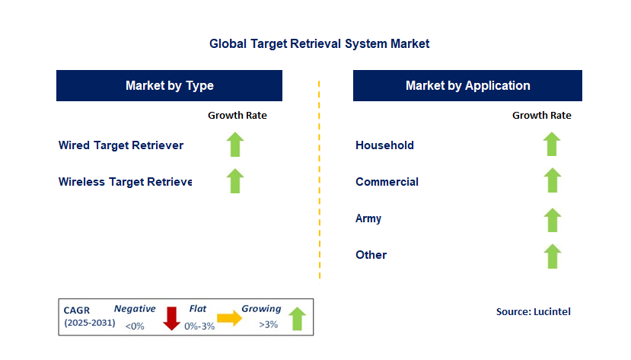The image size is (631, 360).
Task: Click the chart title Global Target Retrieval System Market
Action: tap(319, 44)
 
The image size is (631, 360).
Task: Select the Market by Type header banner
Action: tap(169, 85)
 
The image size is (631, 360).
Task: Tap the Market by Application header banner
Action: tap(467, 85)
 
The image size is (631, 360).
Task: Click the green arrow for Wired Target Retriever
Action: tap(235, 145)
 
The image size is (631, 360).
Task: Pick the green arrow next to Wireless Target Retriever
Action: tap(235, 181)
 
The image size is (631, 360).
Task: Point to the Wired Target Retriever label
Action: tap(121, 145)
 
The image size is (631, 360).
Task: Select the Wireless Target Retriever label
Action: tap(125, 182)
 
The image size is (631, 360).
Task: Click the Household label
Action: tap(384, 145)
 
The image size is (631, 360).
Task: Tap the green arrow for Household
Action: tap(552, 145)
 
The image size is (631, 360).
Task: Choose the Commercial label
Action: tap(387, 182)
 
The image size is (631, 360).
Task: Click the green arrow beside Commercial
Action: tap(552, 181)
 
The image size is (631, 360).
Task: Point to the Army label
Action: tap(368, 218)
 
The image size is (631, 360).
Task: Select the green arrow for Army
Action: tap(552, 220)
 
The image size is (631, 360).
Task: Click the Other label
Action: tap(371, 255)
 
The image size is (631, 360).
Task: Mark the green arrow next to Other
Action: tap(552, 256)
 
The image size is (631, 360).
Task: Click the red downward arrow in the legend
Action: tap(171, 318)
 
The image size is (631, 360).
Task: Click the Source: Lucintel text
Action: tap(533, 311)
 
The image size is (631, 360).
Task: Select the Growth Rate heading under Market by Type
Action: tap(237, 116)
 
